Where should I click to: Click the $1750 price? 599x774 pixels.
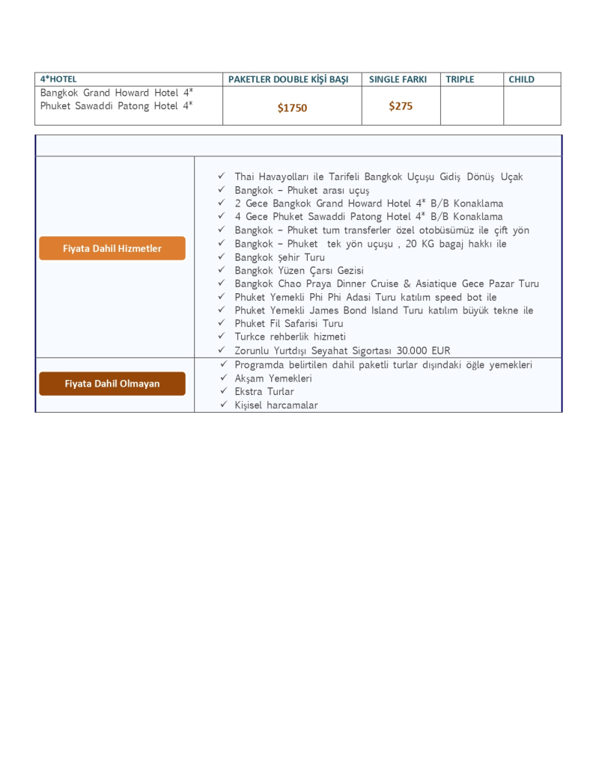tap(292, 108)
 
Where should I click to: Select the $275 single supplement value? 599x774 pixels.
tap(401, 106)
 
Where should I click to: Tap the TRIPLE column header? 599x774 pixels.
tap(460, 79)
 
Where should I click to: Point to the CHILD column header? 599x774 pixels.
tap(521, 79)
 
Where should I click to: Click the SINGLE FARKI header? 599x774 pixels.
tap(398, 79)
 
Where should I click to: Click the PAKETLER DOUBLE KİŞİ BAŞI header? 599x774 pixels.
tap(288, 79)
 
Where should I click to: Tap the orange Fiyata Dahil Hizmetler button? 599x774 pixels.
tap(112, 248)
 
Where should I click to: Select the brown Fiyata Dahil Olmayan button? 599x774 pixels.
tap(112, 384)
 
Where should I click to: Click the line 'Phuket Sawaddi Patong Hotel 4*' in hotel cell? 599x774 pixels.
tap(116, 106)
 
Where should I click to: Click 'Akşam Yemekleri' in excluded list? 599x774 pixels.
tap(273, 378)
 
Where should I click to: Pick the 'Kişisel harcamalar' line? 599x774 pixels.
tap(276, 405)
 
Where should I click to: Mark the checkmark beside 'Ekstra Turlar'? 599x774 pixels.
tap(223, 391)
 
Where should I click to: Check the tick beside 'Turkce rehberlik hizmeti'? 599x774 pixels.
tap(222, 337)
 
